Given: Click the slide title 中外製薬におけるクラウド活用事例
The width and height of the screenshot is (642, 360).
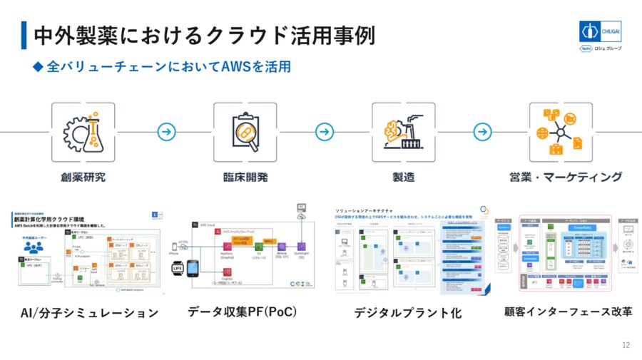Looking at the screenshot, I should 203,34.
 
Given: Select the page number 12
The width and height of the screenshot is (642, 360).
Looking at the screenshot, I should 626,346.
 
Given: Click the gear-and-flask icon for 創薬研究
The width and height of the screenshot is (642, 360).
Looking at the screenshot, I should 82,132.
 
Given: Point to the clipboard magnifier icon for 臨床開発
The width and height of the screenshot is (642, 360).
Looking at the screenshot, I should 245,132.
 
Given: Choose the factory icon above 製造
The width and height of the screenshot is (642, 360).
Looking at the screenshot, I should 403,132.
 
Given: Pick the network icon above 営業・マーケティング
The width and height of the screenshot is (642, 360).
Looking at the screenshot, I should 561,132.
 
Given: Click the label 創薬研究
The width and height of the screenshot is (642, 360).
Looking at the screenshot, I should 83,177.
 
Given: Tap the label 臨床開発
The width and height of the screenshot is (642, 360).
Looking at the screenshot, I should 245,177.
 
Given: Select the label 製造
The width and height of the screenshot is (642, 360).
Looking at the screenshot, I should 403,177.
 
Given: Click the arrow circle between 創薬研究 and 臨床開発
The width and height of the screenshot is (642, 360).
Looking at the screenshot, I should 166,132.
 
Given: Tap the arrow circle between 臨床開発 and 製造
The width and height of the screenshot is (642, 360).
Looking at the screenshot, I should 325,132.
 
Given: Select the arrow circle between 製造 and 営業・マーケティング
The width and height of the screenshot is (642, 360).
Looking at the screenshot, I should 483,132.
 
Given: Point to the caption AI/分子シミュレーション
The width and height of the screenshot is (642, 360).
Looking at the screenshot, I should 88,312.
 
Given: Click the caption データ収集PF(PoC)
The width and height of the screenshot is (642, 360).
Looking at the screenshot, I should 242,312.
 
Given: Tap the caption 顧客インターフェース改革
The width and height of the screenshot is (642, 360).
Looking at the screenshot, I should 568,312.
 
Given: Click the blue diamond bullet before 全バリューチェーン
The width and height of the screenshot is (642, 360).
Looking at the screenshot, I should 39,67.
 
